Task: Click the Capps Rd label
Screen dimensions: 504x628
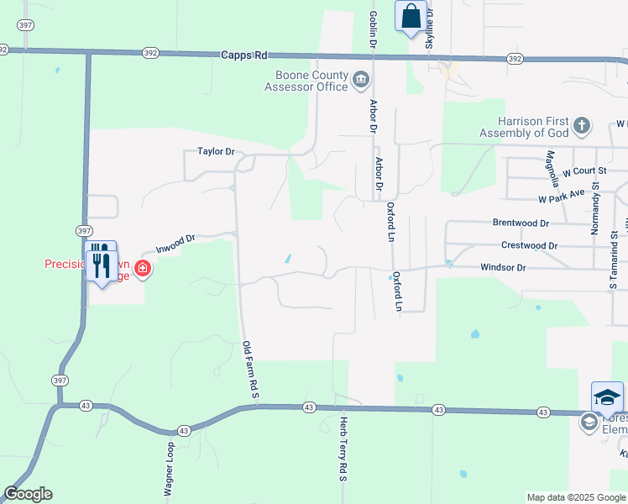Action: [x=243, y=55]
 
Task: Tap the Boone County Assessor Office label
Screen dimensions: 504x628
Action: [x=306, y=81]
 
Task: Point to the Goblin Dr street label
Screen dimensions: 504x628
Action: [x=373, y=29]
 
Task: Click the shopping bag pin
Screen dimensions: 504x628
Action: [x=411, y=17]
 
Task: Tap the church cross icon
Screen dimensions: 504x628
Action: [x=582, y=128]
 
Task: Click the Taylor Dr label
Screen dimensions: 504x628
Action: [x=216, y=152]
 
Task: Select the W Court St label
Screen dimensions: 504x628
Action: [x=584, y=171]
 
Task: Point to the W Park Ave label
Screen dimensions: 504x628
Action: [x=562, y=197]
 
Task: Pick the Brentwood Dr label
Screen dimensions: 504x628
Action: [x=520, y=223]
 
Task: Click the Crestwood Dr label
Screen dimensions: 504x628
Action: [x=529, y=245]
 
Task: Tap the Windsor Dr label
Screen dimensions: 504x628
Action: [x=503, y=267]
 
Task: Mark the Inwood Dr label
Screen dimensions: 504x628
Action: [x=175, y=243]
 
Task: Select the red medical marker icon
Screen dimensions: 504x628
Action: [x=143, y=269]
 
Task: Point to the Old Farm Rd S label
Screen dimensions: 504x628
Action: [x=248, y=369]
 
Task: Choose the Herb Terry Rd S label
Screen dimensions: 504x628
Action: [x=343, y=449]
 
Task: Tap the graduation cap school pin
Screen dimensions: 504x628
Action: [x=607, y=397]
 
